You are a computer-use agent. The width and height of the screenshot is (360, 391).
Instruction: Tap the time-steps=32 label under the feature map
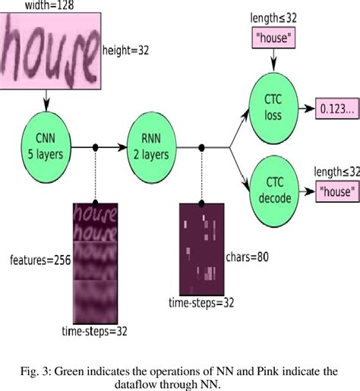94,331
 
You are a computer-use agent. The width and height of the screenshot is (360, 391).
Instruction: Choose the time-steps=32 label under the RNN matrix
201,303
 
